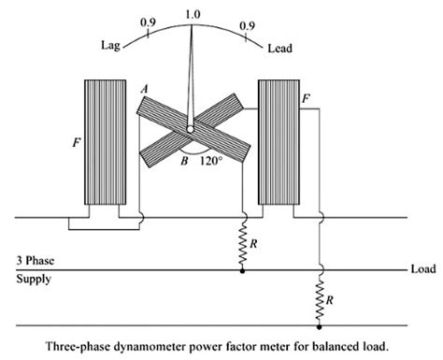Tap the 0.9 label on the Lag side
click(x=148, y=21)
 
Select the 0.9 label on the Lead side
click(x=247, y=21)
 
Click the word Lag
click(x=111, y=44)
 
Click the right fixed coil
click(x=277, y=145)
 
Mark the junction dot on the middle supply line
click(x=242, y=271)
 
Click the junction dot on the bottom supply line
click(x=320, y=326)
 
